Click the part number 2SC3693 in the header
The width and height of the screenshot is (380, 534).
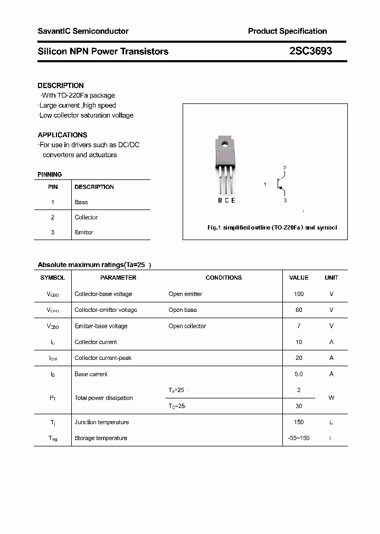310,51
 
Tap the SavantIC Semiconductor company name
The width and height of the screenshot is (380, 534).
83,31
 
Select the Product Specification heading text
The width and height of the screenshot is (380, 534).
287,31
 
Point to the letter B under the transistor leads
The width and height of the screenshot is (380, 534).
220,200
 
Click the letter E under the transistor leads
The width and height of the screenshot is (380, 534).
233,200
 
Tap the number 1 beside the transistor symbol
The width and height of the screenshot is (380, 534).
265,184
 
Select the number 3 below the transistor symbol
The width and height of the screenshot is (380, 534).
285,201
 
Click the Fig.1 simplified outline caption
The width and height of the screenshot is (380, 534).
271,227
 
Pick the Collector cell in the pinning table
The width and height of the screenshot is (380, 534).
86,217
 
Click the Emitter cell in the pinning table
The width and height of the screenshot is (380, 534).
84,232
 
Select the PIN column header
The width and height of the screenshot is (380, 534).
53,187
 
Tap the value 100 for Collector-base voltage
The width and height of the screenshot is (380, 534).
299,294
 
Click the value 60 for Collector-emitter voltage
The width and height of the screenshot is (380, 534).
299,310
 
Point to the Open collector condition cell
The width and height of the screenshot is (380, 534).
187,326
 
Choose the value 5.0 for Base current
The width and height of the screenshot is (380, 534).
299,374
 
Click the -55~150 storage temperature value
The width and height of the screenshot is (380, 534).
299,438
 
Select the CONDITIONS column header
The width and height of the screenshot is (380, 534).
223,278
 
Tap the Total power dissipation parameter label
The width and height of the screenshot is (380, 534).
103,398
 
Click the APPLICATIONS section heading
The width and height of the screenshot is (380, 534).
62,135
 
